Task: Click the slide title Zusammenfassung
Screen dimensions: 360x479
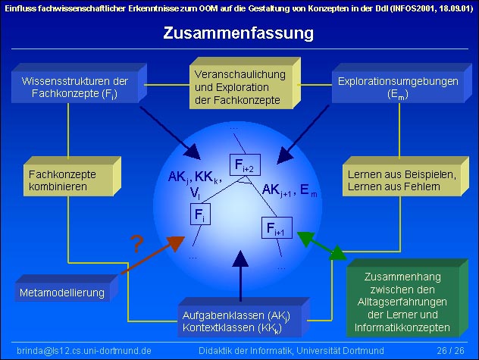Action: pos(239,33)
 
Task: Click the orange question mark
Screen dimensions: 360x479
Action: pos(136,245)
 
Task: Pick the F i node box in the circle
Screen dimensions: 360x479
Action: pos(199,214)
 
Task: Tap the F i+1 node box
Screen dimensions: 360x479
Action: pos(275,227)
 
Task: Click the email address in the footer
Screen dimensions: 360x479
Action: pos(84,351)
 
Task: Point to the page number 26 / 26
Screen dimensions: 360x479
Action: pos(451,351)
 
